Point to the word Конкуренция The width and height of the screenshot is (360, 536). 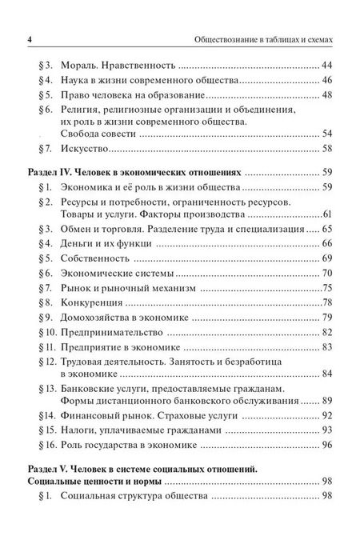tap(91, 305)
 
